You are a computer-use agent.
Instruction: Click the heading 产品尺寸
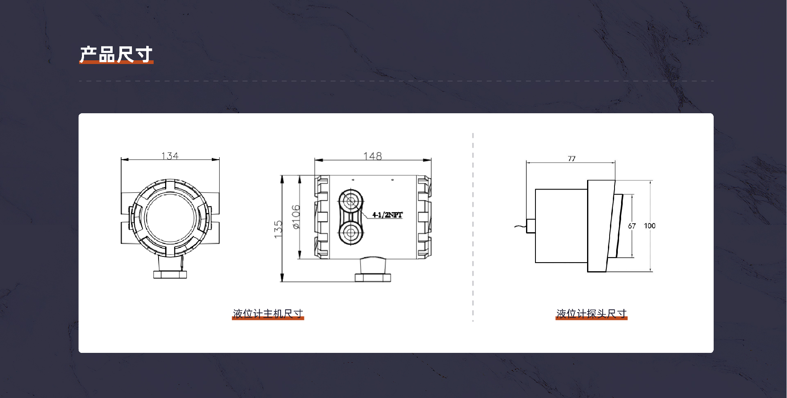(116, 55)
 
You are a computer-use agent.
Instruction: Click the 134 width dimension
(170, 156)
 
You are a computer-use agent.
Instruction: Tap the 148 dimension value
(372, 156)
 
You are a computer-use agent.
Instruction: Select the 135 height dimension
(279, 229)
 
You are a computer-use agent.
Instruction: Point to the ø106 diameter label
(296, 217)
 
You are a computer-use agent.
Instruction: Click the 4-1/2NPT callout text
(387, 215)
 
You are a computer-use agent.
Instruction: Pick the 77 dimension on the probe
(572, 159)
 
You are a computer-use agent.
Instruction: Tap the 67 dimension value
(632, 226)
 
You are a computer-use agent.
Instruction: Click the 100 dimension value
(649, 226)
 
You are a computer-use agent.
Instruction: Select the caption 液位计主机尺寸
(268, 313)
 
